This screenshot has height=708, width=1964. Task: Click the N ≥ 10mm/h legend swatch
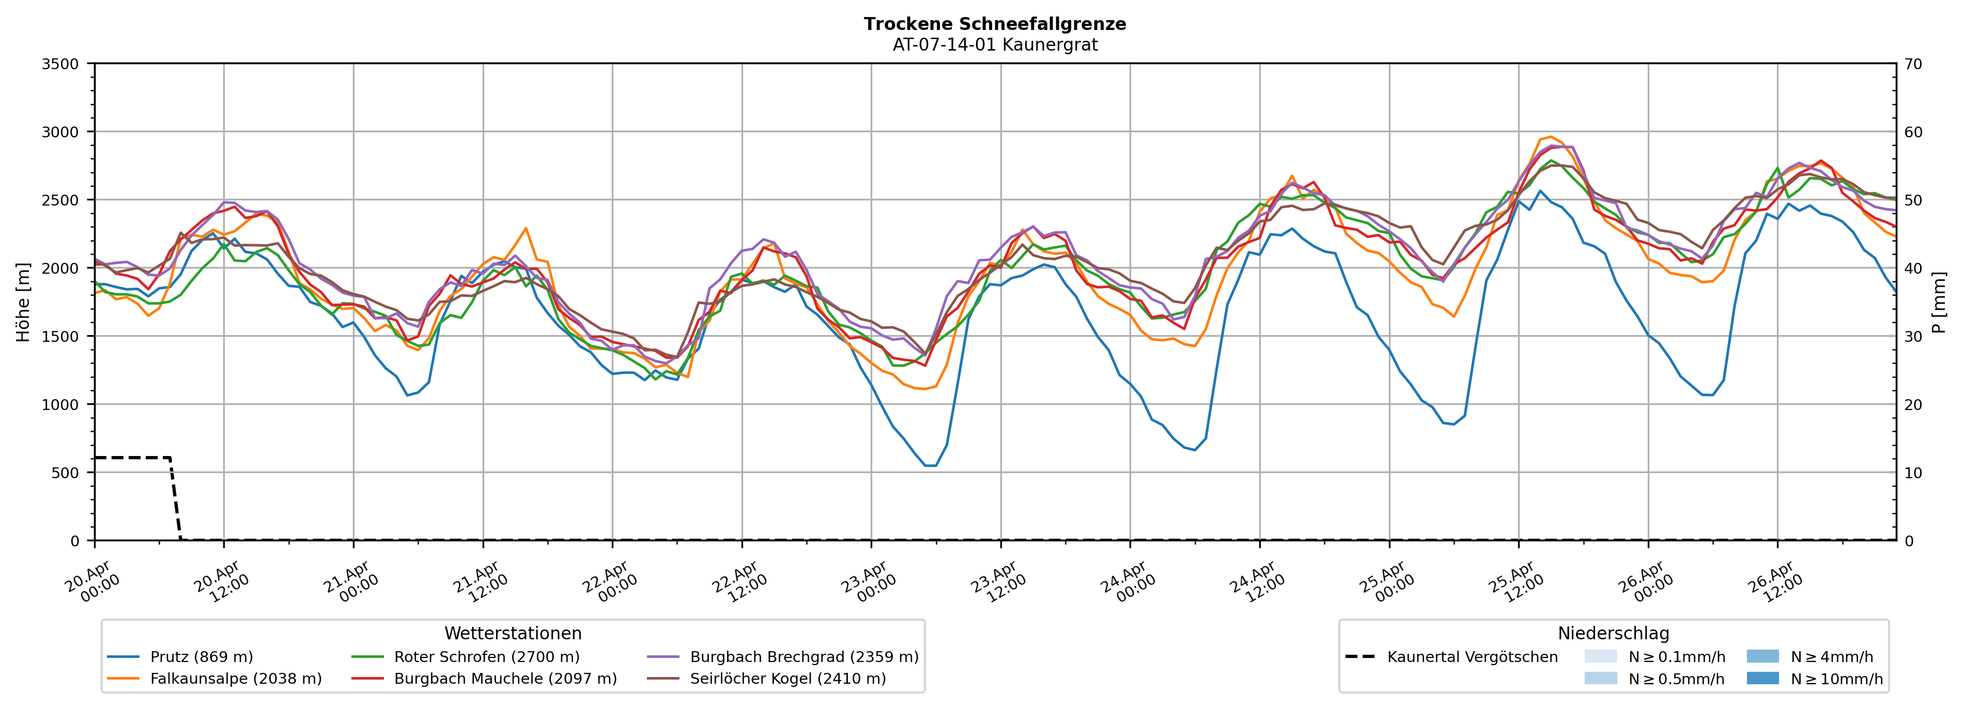point(1762,678)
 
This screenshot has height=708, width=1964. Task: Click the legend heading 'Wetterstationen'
point(513,633)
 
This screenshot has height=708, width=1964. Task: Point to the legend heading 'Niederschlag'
point(1613,633)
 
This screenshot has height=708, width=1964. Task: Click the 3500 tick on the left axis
point(60,64)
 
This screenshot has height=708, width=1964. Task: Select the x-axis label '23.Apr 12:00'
point(999,583)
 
